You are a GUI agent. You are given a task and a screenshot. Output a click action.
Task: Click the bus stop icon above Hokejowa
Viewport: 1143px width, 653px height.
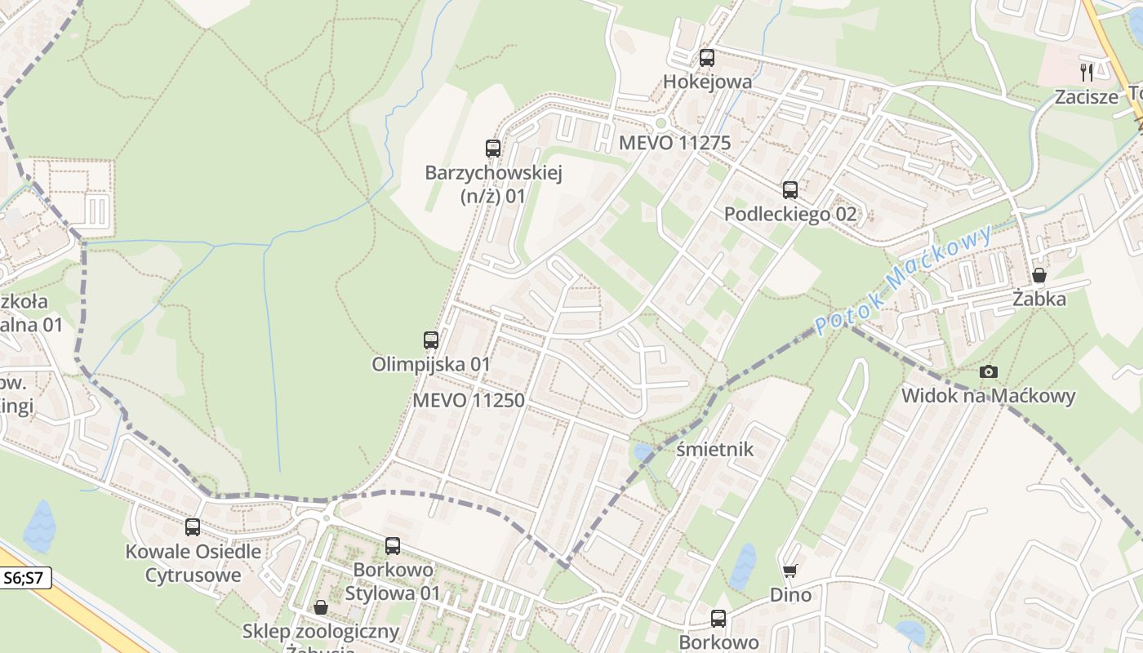point(707,58)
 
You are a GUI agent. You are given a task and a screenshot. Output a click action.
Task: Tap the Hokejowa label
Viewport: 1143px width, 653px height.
point(707,82)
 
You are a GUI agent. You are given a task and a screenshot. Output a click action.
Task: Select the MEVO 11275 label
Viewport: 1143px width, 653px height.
point(674,143)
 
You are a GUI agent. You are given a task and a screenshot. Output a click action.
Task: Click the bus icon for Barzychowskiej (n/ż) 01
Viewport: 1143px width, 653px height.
point(493,149)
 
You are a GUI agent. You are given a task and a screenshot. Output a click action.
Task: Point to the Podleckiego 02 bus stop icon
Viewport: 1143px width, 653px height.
point(790,190)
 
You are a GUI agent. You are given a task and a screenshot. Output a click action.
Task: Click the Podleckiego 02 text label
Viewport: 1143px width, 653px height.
point(790,214)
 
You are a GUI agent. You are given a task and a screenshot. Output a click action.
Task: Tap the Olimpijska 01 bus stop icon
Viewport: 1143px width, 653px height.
point(431,340)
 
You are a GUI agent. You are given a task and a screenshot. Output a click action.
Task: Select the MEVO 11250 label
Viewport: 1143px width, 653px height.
point(468,400)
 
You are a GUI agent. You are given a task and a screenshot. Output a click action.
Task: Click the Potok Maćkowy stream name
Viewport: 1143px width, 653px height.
point(904,279)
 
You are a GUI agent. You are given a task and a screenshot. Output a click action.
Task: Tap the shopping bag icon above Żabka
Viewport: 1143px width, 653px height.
point(1039,275)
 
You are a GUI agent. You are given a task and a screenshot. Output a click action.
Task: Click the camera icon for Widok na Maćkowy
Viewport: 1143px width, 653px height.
point(989,372)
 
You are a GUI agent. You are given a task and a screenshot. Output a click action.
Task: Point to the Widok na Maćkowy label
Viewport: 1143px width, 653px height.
point(988,396)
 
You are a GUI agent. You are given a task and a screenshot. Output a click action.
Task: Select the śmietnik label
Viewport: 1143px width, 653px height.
point(715,450)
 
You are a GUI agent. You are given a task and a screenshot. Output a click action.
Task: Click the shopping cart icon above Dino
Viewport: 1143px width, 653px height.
point(789,571)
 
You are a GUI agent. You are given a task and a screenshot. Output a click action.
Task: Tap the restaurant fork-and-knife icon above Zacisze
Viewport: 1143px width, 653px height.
point(1087,73)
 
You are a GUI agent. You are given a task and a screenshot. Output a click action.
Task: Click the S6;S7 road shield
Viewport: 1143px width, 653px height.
point(24,579)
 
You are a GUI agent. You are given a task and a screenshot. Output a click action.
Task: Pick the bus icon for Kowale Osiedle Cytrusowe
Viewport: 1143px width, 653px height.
point(193,527)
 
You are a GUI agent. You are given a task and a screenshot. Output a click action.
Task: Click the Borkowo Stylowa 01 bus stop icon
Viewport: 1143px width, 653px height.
point(393,546)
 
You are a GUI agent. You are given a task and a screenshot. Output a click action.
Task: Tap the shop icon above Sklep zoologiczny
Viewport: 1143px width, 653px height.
point(321,607)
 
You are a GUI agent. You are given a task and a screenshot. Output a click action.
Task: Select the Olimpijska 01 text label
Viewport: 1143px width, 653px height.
point(430,364)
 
